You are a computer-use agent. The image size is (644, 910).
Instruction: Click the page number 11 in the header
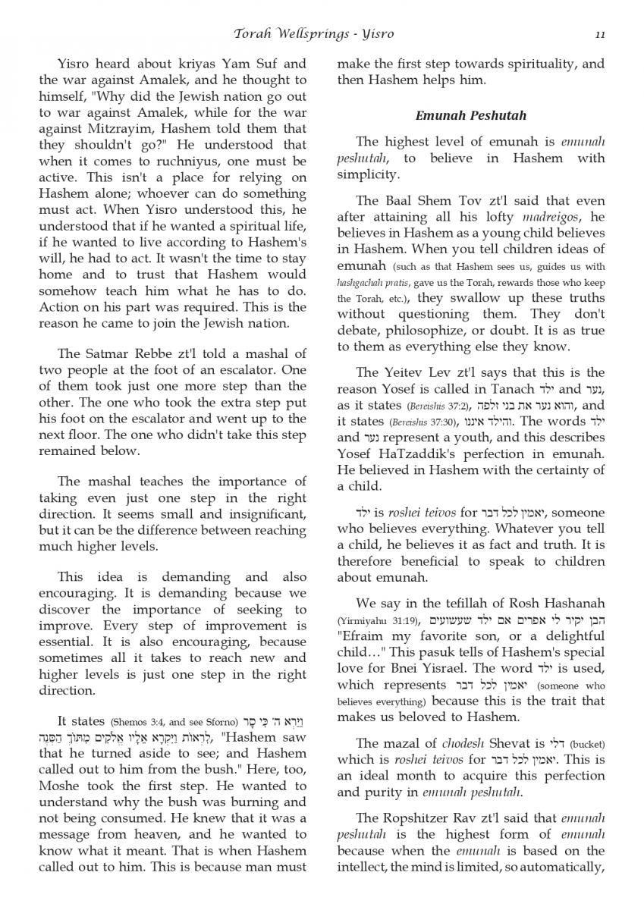coord(598,33)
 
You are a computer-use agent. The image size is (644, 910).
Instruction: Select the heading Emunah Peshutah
coord(470,116)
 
